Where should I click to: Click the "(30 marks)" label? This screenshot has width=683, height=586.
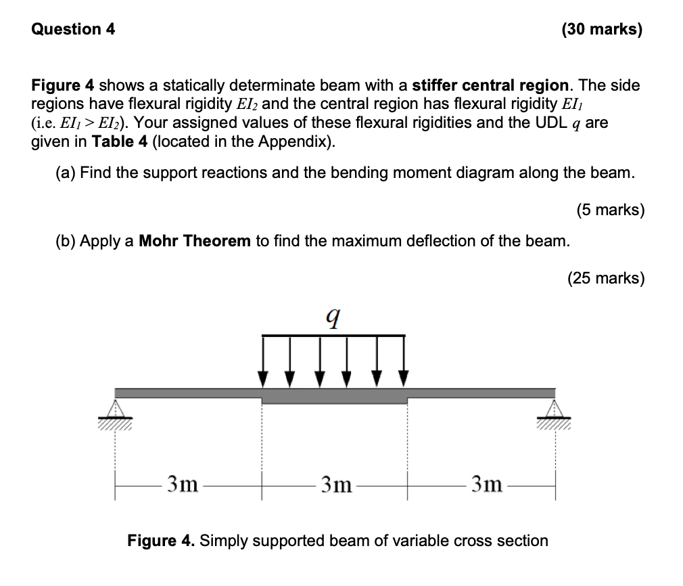(601, 30)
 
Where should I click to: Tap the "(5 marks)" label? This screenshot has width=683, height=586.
(611, 210)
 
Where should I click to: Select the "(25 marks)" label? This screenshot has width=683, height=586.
(606, 278)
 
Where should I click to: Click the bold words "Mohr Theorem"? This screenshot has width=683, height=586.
(195, 242)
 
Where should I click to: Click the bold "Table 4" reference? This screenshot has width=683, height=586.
(116, 143)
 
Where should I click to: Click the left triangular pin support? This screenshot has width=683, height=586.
(115, 409)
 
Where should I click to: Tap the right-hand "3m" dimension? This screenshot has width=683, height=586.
(487, 484)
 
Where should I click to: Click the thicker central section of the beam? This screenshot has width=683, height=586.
(334, 397)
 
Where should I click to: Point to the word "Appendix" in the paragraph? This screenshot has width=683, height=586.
(298, 143)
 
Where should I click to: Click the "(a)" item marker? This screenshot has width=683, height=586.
(66, 173)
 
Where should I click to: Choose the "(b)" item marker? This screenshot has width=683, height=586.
(66, 242)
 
